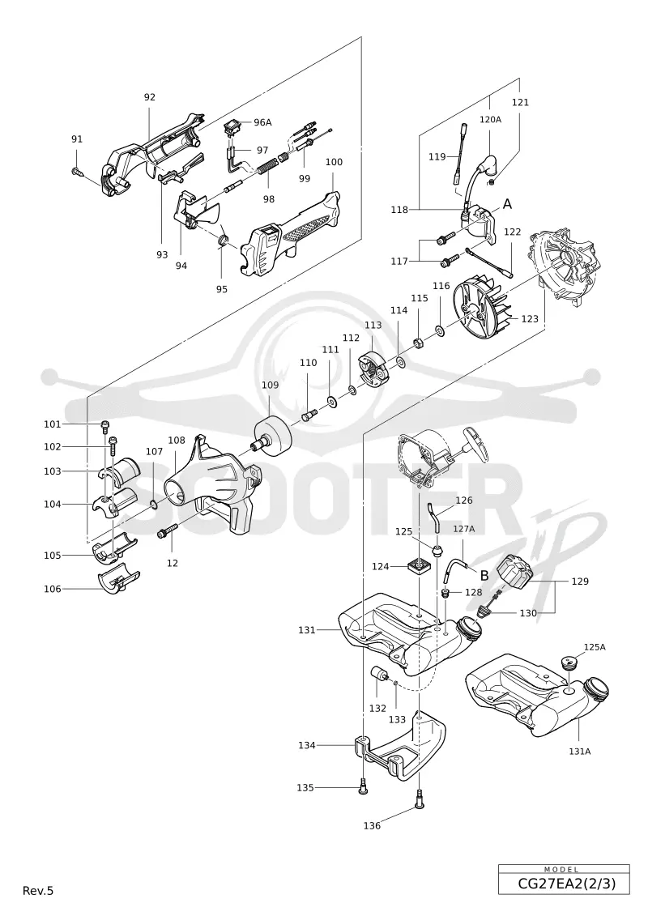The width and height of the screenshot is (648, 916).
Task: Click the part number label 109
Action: [x=270, y=386]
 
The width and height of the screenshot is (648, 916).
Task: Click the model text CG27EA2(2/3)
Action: [x=564, y=884]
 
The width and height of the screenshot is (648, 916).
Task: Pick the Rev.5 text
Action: [x=38, y=891]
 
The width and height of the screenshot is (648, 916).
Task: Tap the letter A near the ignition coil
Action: [x=507, y=204]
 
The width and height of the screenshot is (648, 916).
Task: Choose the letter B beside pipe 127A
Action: [x=484, y=575]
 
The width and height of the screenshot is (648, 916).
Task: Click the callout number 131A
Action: [x=579, y=752]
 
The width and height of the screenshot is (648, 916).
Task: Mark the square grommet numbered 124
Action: [x=420, y=565]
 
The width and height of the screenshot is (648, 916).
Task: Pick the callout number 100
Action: [x=334, y=162]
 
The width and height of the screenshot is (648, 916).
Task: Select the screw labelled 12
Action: [x=168, y=532]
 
